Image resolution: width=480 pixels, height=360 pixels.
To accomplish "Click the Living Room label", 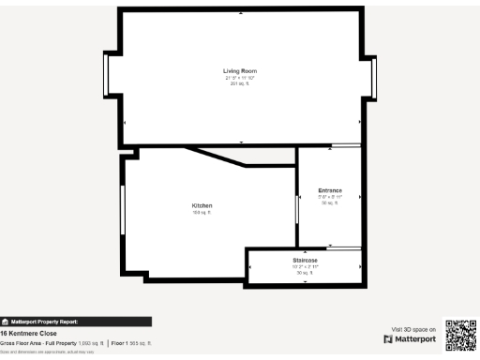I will click(239, 71).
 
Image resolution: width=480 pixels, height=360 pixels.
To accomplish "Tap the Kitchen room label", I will click(202, 205).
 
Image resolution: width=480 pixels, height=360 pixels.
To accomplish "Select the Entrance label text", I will click(329, 190).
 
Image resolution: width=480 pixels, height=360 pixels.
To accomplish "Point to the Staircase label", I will click(305, 260).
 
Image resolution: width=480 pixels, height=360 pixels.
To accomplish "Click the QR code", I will click(460, 336).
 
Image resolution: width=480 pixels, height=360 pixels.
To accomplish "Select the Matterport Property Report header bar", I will click(75, 321).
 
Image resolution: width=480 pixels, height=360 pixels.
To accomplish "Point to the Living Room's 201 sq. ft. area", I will click(239, 84).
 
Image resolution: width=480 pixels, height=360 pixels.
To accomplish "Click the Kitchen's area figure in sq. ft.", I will click(202, 213).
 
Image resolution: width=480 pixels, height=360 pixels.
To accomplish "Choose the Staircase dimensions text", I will click(305, 266).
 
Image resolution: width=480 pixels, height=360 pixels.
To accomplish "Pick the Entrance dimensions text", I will click(329, 197).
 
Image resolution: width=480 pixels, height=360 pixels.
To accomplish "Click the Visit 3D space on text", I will click(412, 329).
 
